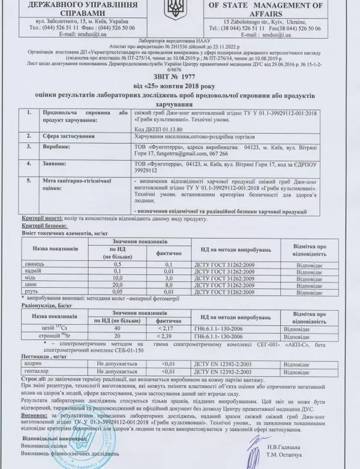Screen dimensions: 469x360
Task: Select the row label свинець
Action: [x=32, y=264]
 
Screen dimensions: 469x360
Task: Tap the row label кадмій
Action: [x=32, y=271]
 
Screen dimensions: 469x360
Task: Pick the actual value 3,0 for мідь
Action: [x=170, y=278]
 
